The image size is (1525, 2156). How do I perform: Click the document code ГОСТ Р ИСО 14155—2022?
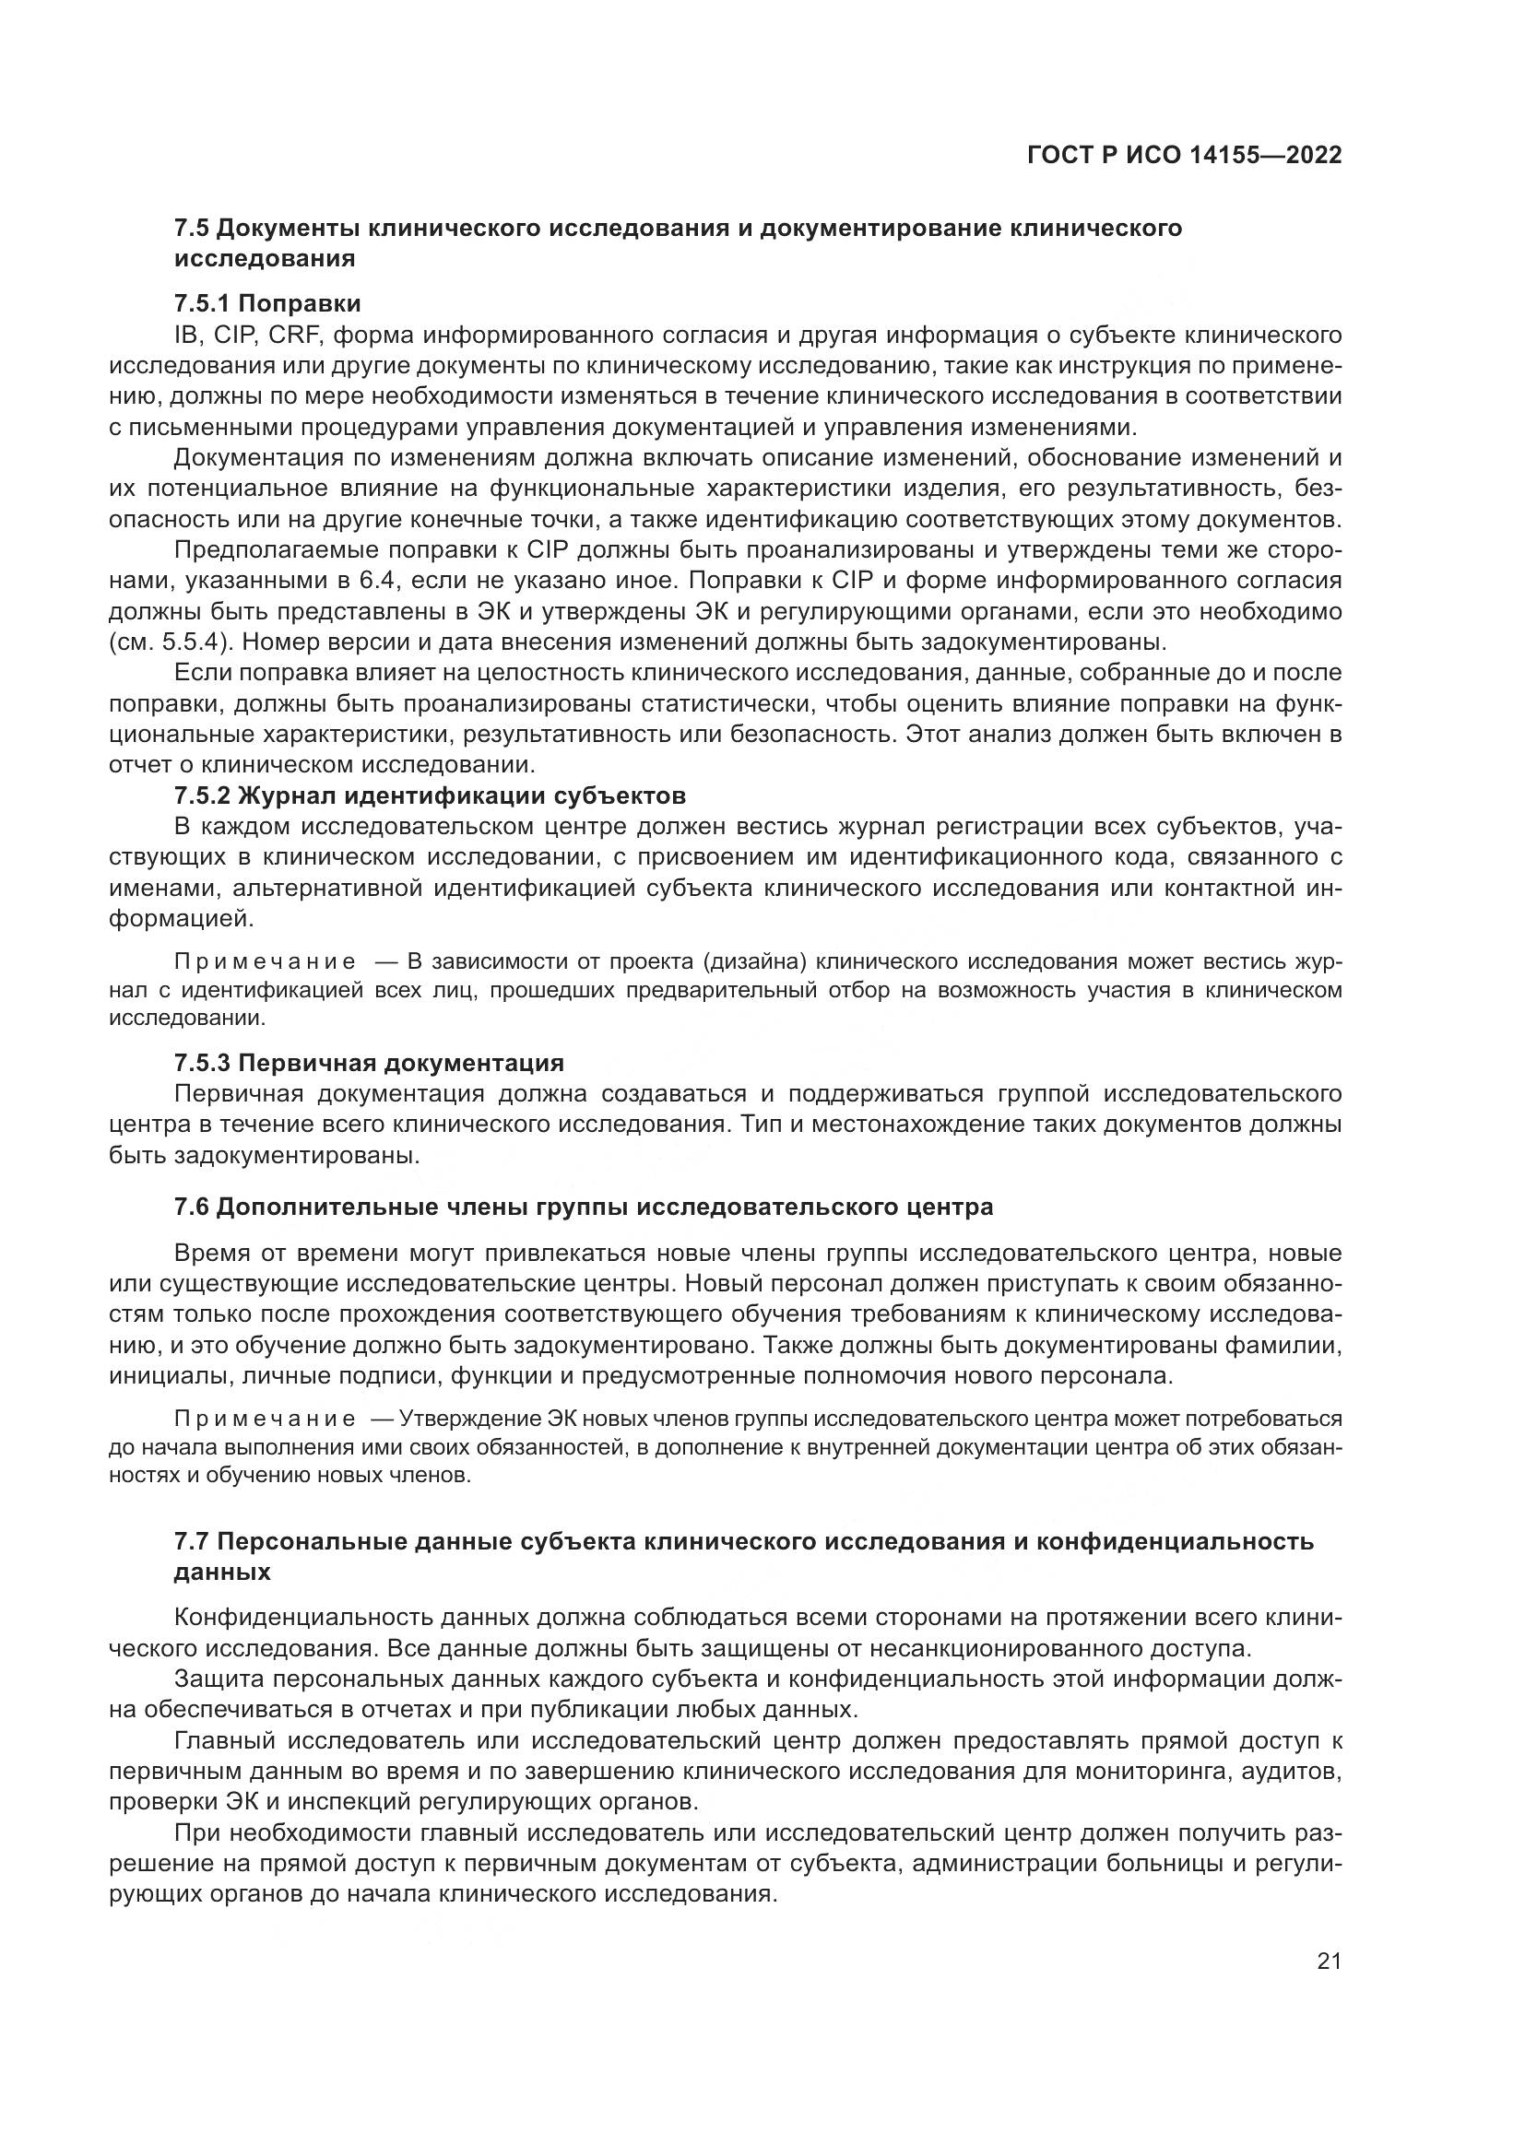(x=1184, y=156)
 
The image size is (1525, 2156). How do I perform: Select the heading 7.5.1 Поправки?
(x=267, y=303)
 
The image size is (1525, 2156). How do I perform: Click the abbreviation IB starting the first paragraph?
(x=187, y=336)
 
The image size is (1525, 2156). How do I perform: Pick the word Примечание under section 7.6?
(x=265, y=1417)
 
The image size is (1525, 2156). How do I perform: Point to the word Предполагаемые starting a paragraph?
(x=266, y=550)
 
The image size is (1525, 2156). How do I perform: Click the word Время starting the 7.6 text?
(x=211, y=1253)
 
